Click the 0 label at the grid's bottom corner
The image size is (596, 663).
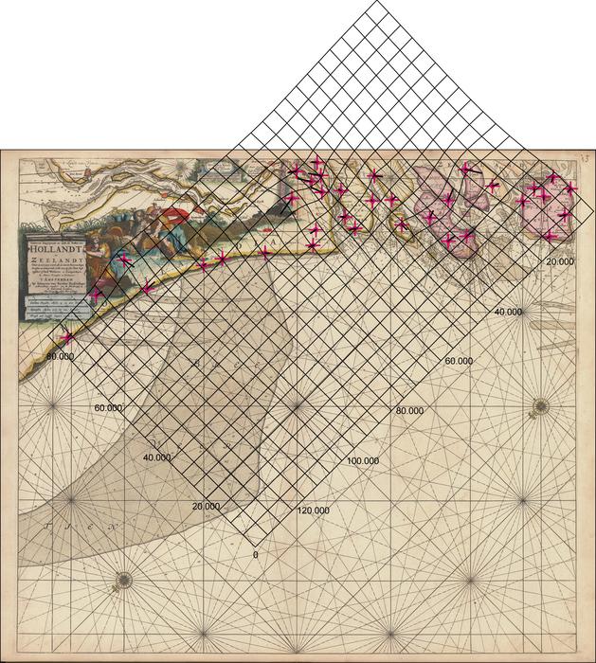pyautogui.click(x=256, y=552)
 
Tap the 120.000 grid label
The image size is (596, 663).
pyautogui.click(x=313, y=511)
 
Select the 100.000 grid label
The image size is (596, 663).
pyautogui.click(x=363, y=460)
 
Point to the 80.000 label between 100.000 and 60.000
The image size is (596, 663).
pyautogui.click(x=411, y=411)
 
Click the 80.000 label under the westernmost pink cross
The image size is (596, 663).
pyautogui.click(x=60, y=357)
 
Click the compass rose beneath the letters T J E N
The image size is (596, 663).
pyautogui.click(x=123, y=580)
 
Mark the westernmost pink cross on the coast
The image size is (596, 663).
pyautogui.click(x=66, y=336)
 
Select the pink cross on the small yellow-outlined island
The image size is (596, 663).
pyautogui.click(x=402, y=225)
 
